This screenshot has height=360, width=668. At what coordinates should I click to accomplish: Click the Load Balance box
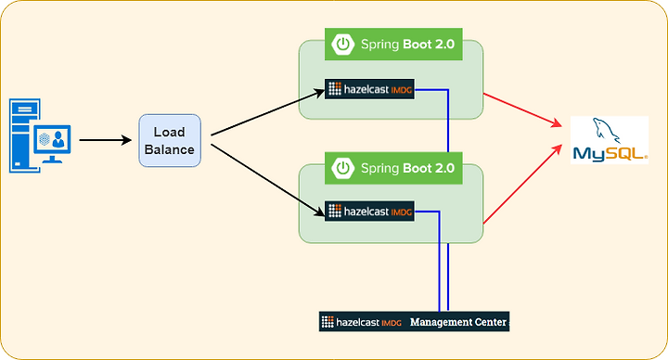[170, 141]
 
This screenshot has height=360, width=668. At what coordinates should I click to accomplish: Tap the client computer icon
[40, 135]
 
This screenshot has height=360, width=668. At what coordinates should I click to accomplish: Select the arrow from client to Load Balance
[106, 140]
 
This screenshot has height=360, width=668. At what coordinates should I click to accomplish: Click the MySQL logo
[610, 140]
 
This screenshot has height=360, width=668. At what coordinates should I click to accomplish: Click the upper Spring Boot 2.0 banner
[393, 44]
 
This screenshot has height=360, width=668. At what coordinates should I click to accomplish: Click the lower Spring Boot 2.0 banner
[393, 168]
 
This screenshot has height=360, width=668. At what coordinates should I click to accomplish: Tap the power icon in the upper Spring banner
[343, 44]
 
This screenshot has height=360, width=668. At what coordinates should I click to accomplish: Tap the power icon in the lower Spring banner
[343, 168]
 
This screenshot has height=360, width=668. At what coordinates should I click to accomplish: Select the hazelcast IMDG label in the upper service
[369, 89]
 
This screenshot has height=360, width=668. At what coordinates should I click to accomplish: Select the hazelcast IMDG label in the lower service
[369, 211]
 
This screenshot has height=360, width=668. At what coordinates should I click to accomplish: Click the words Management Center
[458, 322]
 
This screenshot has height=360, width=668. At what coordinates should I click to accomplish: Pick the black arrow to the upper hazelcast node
[268, 112]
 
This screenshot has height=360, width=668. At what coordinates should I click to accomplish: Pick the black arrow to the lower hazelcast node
[268, 180]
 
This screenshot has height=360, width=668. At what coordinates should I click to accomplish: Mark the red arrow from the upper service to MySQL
[522, 110]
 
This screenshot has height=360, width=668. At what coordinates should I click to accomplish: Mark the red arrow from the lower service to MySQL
[522, 184]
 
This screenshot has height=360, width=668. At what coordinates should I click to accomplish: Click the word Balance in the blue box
[170, 149]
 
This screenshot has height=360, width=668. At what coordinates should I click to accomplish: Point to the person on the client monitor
[58, 139]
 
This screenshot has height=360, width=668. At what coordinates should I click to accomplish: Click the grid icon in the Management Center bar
[328, 322]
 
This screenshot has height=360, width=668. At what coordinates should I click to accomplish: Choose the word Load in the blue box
[170, 132]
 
